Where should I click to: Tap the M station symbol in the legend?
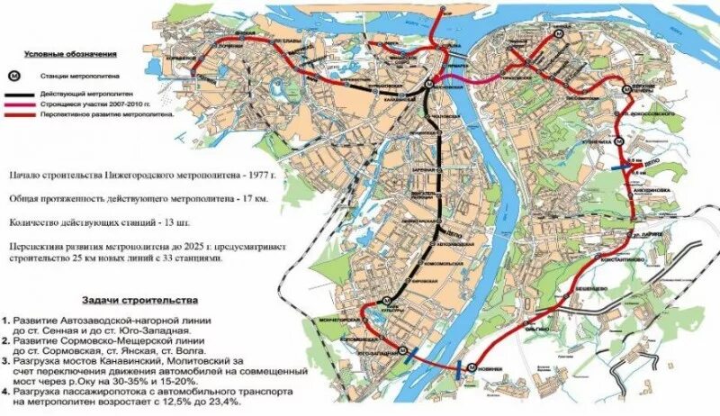click(15, 77)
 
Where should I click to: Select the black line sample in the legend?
click(19, 94)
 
